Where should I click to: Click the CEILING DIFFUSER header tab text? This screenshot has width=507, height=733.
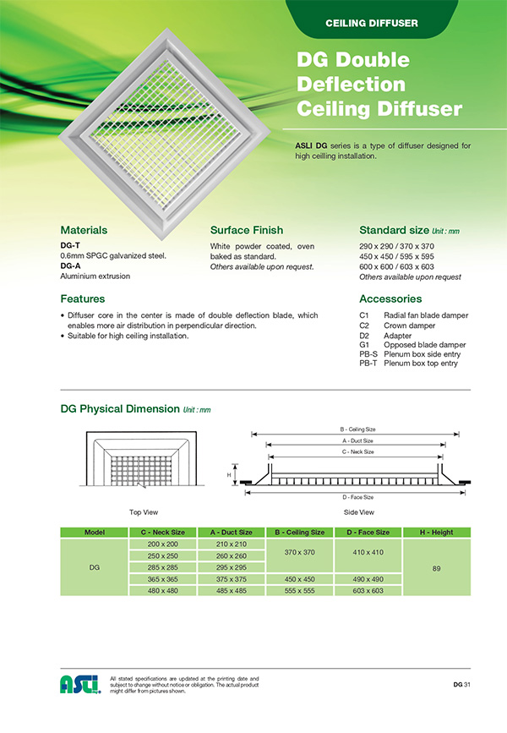coord(372,23)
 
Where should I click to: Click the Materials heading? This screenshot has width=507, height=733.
coord(84,230)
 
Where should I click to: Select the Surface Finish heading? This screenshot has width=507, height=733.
coord(246,230)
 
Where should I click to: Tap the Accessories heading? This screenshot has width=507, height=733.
coord(390,298)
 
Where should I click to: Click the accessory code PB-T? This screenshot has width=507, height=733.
coord(368,364)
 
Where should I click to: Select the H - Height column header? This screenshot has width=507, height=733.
coord(436,532)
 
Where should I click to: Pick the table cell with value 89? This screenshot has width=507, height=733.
coord(436,569)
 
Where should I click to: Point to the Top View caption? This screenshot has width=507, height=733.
coord(144,512)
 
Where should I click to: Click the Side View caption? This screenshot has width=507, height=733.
coord(359,512)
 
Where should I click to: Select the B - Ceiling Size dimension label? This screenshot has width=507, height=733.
coord(357,429)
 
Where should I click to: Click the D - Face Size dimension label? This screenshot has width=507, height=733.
coord(357,497)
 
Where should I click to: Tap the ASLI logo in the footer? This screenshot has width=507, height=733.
coord(79,684)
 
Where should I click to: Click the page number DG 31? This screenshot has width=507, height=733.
coord(461,684)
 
